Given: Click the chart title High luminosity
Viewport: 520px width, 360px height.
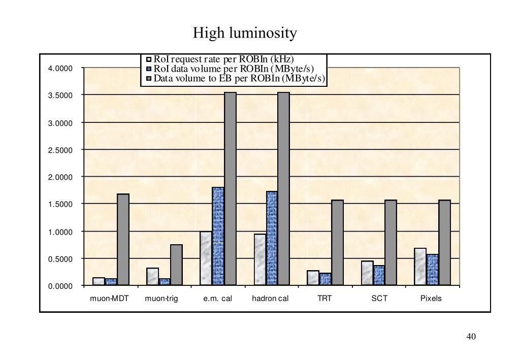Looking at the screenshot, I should point(245,34).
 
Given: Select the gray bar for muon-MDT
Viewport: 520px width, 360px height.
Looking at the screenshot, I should point(123,239).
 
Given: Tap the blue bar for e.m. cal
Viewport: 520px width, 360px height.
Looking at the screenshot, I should point(218,236).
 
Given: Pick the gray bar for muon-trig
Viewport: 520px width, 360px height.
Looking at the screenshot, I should point(176,265).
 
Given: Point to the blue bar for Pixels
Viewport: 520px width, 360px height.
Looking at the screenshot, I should point(433,270).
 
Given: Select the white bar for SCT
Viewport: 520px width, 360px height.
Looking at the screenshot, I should point(367,273).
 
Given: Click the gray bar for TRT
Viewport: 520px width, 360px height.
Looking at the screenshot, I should point(337,242).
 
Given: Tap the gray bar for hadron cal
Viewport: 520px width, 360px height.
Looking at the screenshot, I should point(283,188).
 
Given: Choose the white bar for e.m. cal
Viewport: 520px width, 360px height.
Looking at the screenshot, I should point(206,258).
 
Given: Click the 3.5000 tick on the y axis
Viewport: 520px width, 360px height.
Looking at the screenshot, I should point(60,95).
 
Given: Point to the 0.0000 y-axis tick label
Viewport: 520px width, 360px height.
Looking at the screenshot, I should point(60,286).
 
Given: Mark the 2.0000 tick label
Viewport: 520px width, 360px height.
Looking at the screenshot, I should point(60,177).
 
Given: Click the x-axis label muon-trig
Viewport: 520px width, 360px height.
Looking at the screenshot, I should point(161,299).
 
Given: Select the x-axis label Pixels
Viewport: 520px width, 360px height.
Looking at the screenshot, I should point(431,299).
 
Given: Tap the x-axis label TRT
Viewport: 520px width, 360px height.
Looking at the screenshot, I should point(324,299).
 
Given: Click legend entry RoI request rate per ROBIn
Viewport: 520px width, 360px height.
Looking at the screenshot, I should point(224,59).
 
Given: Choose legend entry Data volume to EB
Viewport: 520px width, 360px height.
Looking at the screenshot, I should point(239,79).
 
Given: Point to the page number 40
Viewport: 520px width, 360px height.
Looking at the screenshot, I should point(471,337).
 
